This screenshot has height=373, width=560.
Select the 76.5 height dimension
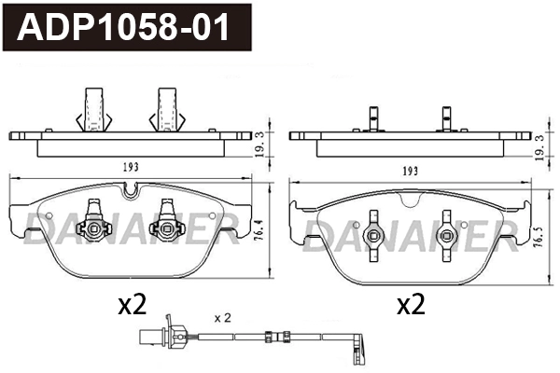pyautogui.click(x=539, y=233)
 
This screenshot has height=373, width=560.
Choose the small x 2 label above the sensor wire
pyautogui.click(x=222, y=317)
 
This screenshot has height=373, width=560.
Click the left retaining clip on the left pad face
pyautogui.click(x=93, y=222)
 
